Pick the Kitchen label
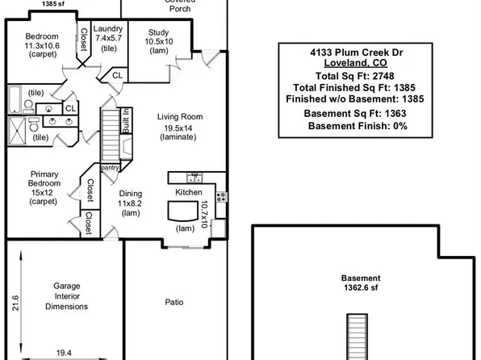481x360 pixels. tap(189, 192)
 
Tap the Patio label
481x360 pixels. tap(174, 303)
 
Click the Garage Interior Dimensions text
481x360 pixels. tap(66, 295)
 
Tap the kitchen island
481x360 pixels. tap(183, 212)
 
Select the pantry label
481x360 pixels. tap(110, 167)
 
